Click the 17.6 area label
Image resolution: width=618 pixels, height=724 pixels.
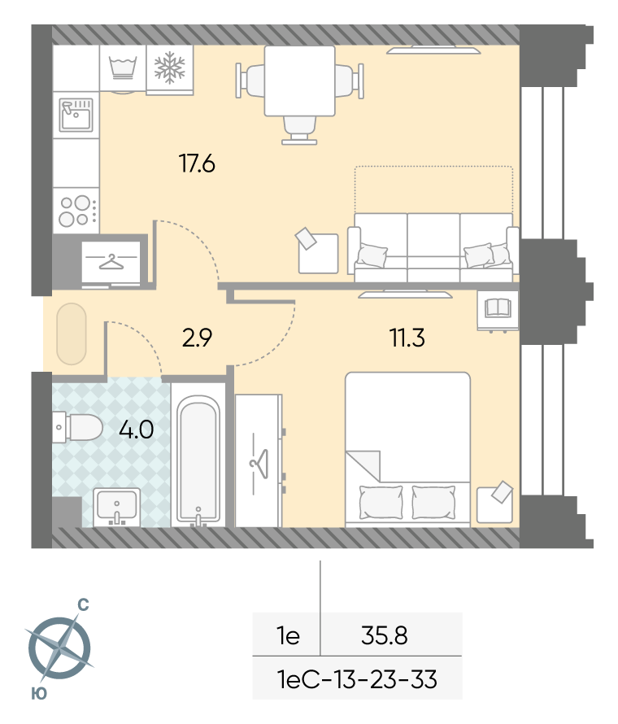tap(197, 164)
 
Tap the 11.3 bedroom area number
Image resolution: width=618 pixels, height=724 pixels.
tap(407, 338)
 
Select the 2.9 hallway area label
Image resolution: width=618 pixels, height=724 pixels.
tap(197, 338)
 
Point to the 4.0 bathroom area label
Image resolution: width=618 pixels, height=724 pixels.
tap(136, 430)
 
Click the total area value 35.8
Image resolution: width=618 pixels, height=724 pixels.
tap(385, 635)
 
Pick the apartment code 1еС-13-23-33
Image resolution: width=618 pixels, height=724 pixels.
tap(357, 679)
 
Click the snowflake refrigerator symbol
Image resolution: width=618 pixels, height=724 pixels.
tap(169, 68)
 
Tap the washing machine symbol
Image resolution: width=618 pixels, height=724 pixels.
tap(123, 68)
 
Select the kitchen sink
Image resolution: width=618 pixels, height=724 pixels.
tap(76, 115)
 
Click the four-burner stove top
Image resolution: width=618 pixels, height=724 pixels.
tap(76, 211)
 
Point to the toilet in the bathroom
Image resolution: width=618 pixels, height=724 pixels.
tap(77, 427)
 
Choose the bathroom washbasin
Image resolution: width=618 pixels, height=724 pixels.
tap(117, 507)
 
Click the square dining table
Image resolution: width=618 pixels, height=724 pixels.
tap(299, 81)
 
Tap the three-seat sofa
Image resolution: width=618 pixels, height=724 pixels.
tap(433, 247)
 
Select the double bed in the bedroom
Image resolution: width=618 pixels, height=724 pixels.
tap(408, 449)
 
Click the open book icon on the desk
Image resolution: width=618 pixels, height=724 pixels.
tap(498, 308)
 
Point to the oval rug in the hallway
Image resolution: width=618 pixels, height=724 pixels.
tap(72, 334)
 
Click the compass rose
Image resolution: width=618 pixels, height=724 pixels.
tap(59, 648)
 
